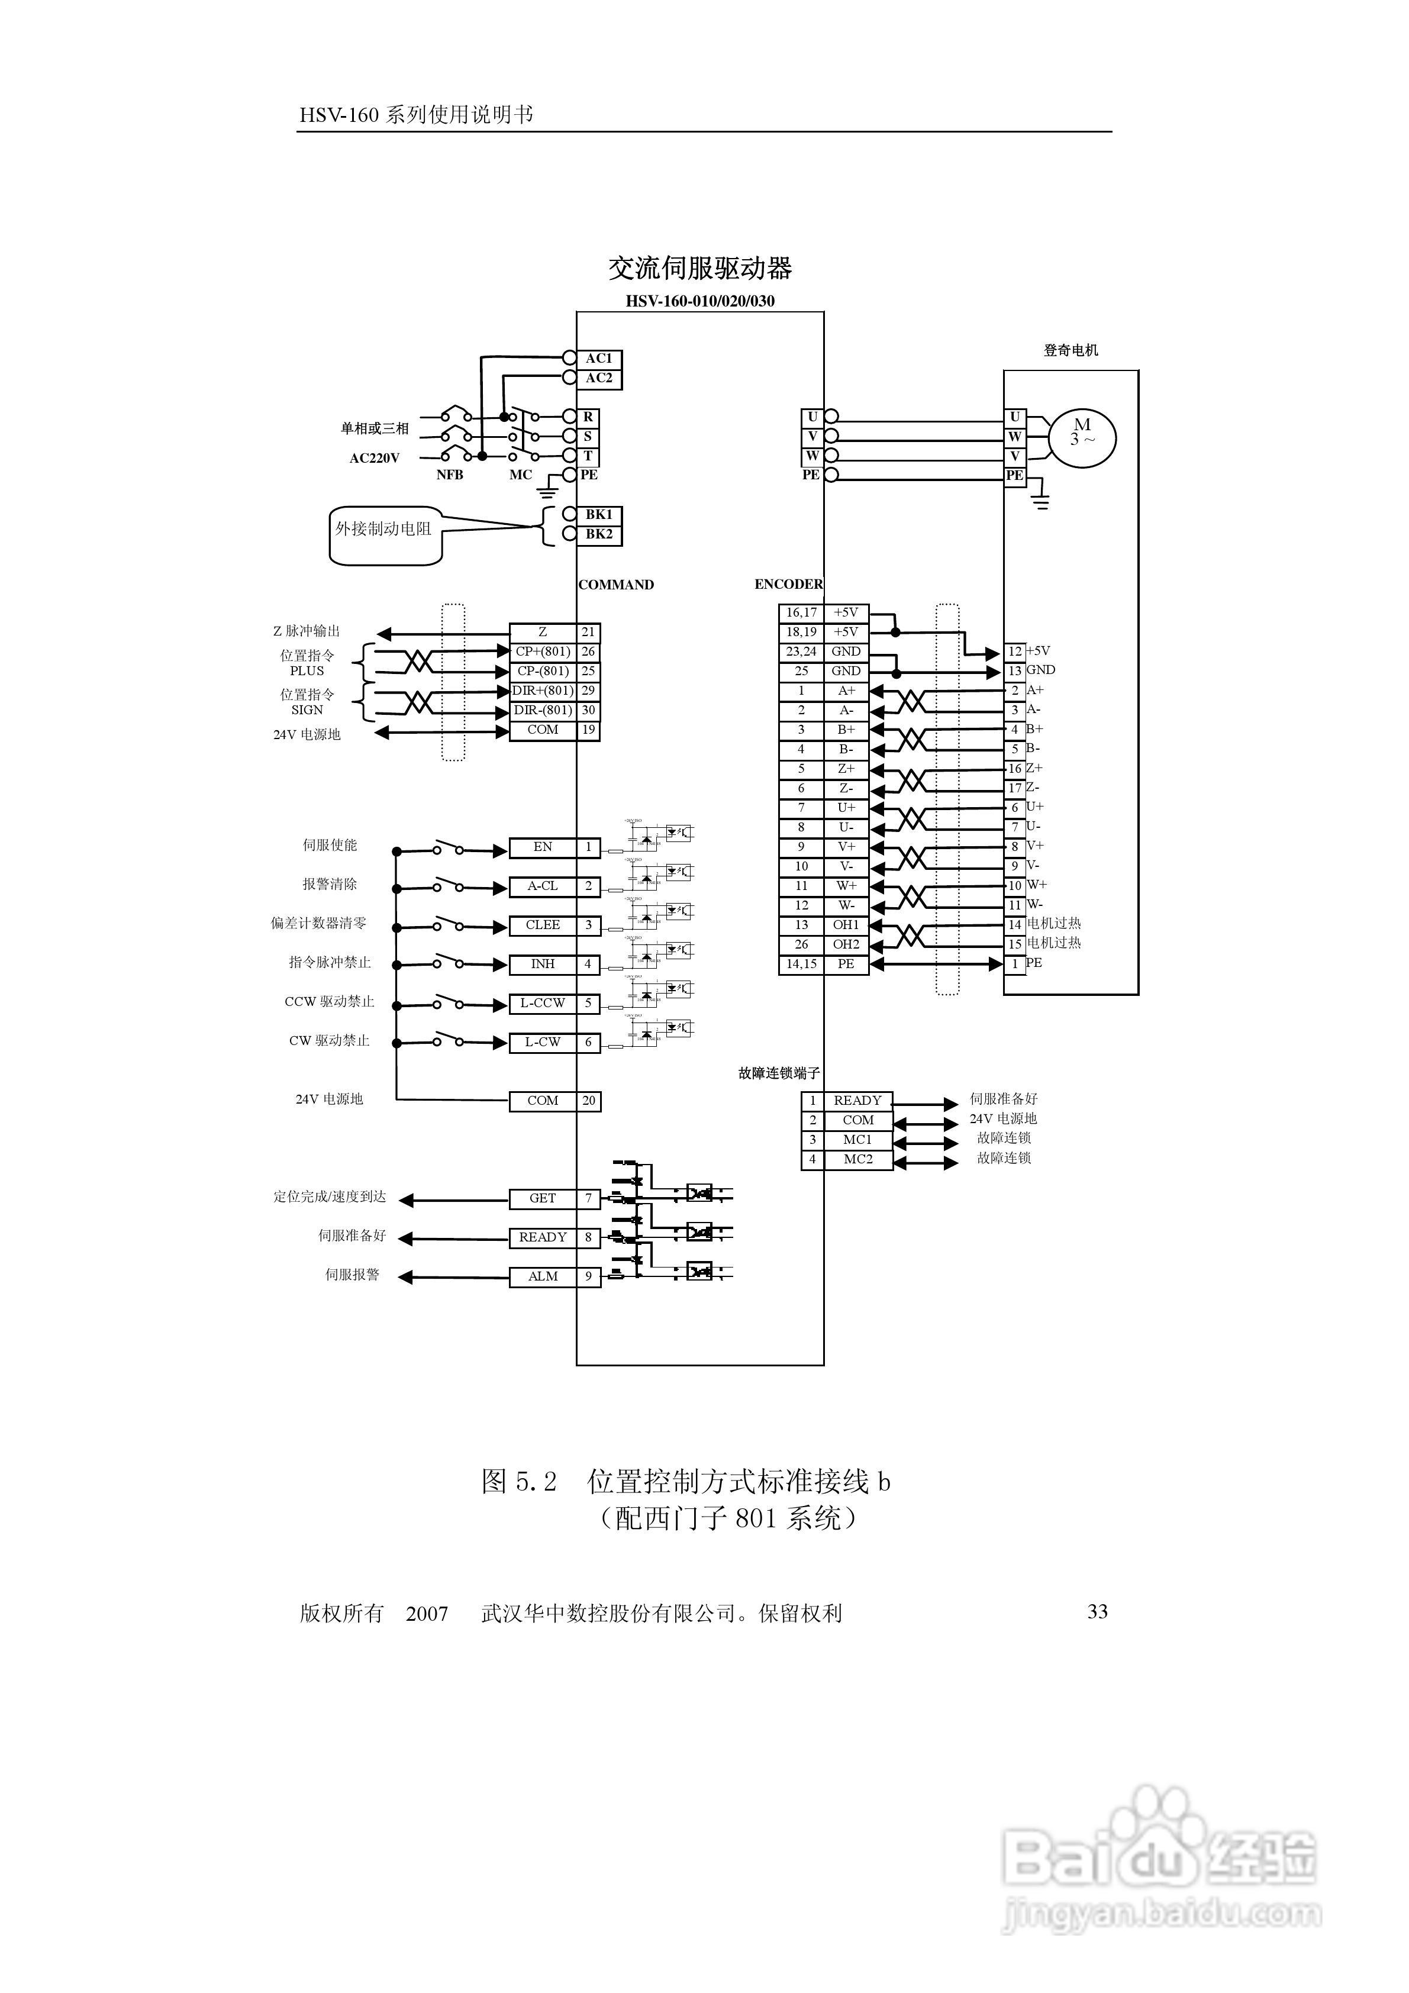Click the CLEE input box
(543, 925)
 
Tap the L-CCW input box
(543, 1004)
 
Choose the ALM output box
(543, 1277)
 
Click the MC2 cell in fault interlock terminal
(857, 1160)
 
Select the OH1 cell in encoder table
(846, 925)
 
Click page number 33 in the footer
(1097, 1612)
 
